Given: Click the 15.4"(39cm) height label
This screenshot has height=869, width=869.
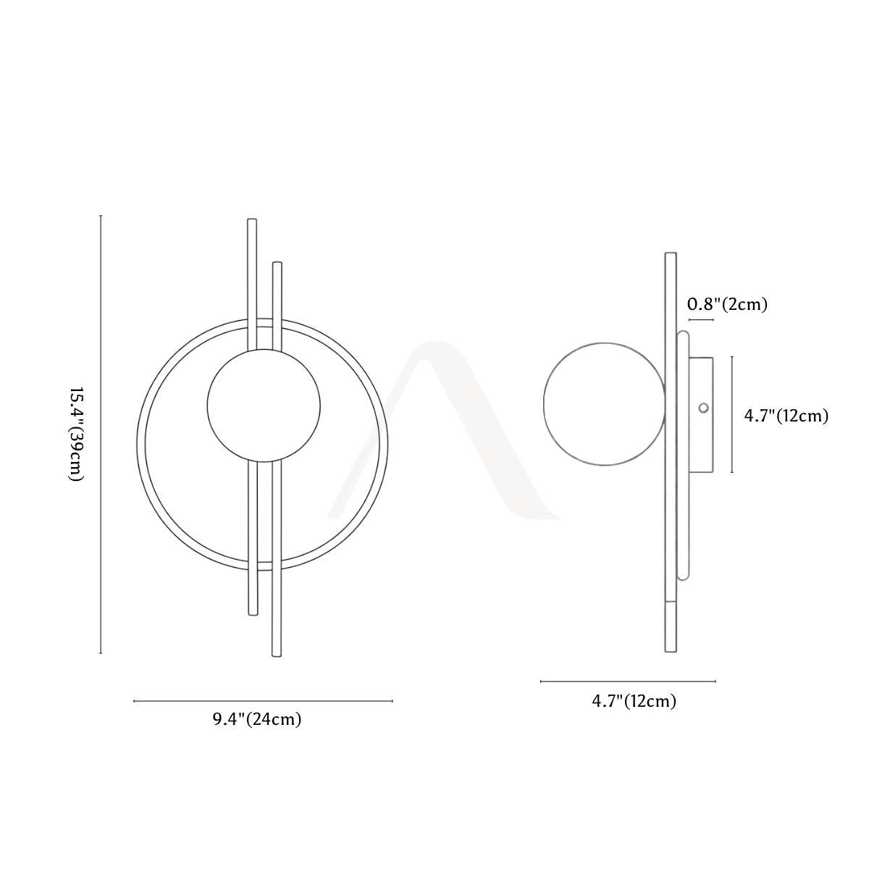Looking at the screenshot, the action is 76,434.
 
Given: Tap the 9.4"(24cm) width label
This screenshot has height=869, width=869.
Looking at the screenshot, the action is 257,719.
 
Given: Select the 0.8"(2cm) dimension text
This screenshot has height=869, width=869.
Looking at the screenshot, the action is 727,304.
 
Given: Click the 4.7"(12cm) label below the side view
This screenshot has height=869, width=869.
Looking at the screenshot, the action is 634,701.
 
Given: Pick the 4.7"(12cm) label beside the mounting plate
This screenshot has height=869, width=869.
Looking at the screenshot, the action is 786,416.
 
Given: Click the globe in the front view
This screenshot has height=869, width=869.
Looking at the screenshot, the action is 264,406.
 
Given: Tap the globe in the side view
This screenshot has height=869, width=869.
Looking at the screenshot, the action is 604,404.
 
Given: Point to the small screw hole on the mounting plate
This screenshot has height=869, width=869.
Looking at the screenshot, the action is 703,408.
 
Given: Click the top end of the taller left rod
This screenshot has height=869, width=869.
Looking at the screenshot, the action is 252,219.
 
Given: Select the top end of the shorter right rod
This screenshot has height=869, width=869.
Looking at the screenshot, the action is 277,263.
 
